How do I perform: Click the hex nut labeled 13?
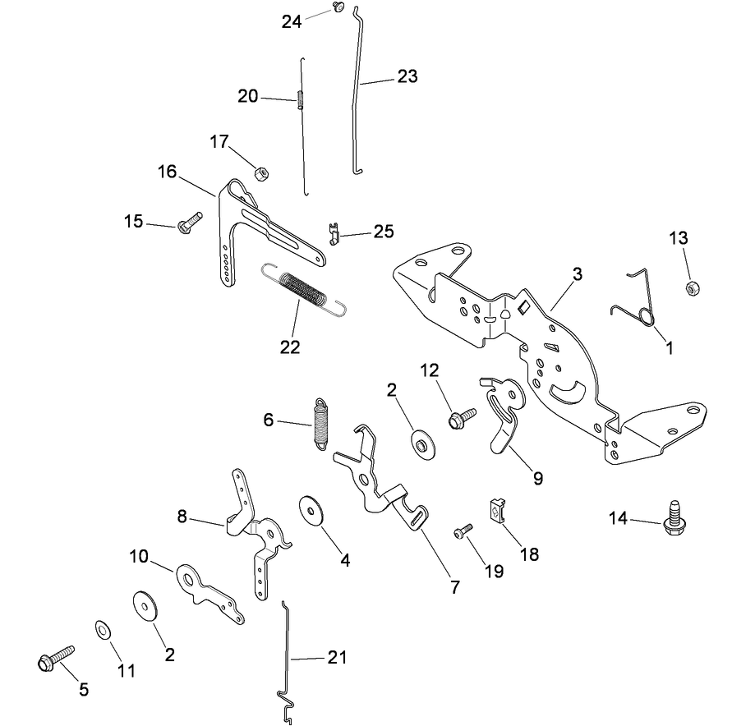coord(691,288)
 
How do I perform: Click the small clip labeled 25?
coord(333,233)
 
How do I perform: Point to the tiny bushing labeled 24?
coord(338,7)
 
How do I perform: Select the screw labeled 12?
coord(458,418)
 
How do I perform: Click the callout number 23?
coord(407,76)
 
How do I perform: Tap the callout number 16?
coord(168,171)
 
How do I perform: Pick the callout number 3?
coord(578,274)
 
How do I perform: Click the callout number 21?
coord(337,658)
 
